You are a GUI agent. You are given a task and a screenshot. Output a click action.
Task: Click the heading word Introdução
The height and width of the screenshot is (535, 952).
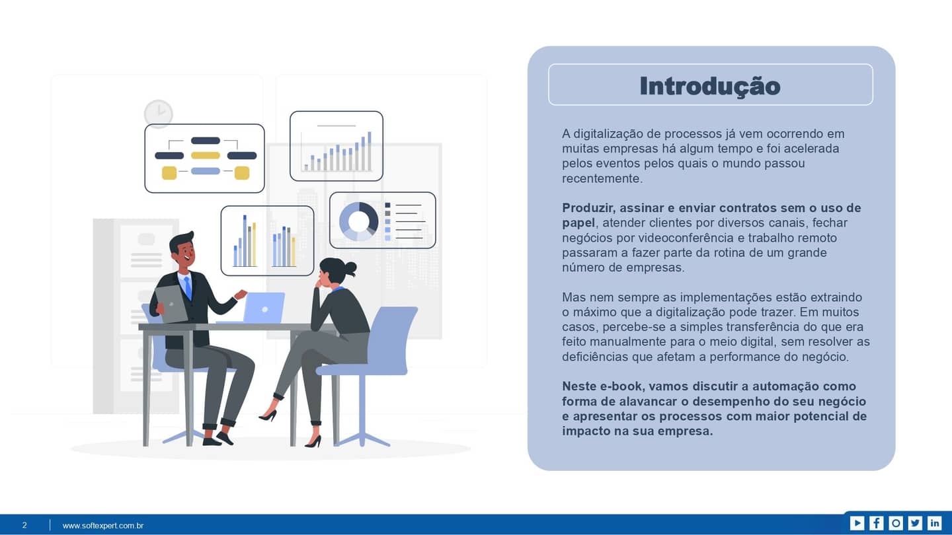710,86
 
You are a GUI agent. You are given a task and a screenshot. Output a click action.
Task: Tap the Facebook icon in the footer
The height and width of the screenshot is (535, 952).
876,523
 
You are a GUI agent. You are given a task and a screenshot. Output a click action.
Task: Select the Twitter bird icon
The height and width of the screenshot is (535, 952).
915,523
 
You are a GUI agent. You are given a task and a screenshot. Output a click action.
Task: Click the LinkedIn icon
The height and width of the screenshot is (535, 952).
934,523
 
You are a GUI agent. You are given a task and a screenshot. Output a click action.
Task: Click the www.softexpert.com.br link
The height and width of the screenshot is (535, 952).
103,526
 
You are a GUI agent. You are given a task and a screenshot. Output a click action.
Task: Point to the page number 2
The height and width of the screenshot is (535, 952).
24,526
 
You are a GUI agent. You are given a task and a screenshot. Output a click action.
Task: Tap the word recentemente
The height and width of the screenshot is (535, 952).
602,178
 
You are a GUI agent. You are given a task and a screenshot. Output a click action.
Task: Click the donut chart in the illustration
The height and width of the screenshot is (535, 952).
358,221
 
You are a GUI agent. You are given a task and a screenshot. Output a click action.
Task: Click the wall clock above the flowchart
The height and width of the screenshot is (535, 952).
159,114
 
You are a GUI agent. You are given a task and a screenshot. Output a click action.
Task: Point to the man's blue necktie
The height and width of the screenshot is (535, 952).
188,287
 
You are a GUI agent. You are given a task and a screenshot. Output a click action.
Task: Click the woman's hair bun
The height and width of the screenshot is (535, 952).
350,268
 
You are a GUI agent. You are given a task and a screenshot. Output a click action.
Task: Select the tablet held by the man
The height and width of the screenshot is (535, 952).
170,303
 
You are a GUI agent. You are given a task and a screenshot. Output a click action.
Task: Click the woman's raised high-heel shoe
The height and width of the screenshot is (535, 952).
268,415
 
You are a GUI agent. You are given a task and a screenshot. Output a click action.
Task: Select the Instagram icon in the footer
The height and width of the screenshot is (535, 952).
896,523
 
